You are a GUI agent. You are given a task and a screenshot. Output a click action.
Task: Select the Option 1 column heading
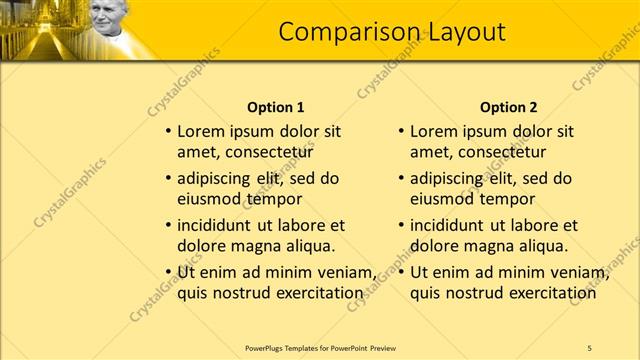275,107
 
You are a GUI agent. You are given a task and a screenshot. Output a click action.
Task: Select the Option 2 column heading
508,107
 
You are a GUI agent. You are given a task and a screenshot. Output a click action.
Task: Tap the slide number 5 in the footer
589,347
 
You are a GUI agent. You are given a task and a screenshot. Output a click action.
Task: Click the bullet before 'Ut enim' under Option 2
401,272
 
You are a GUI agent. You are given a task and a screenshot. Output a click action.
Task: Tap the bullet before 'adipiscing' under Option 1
168,178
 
